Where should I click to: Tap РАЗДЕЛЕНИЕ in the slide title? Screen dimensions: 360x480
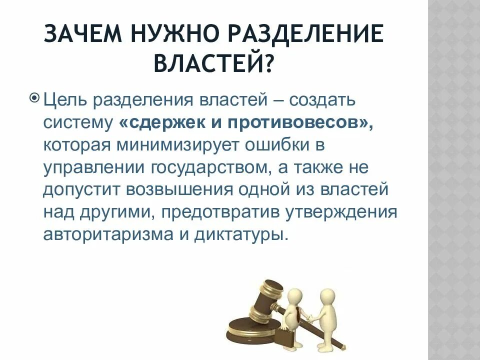tap(309, 36)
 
